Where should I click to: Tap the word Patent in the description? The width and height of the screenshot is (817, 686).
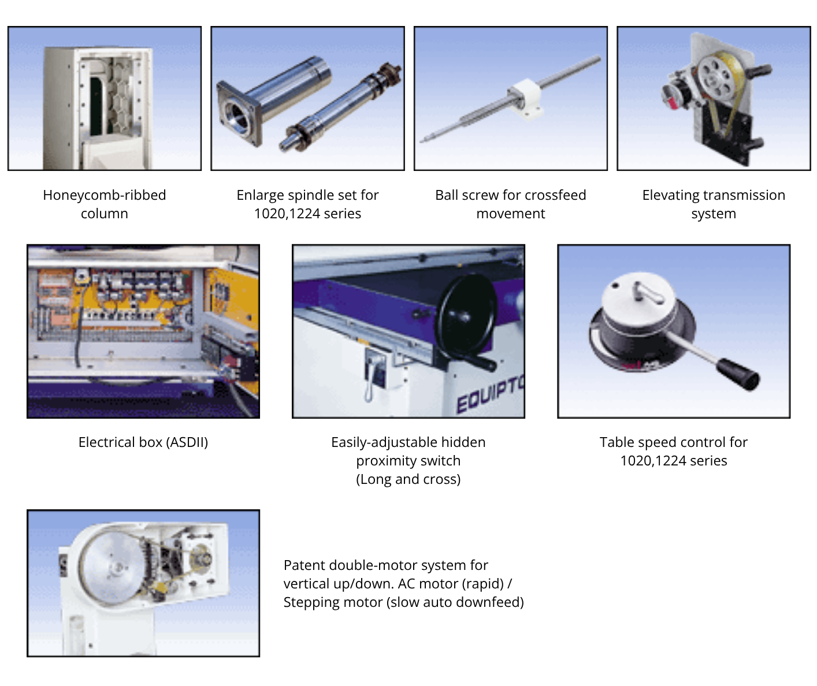[304, 565]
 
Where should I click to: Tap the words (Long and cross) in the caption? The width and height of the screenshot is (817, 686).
[408, 479]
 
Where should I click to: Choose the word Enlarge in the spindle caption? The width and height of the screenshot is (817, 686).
[262, 195]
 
